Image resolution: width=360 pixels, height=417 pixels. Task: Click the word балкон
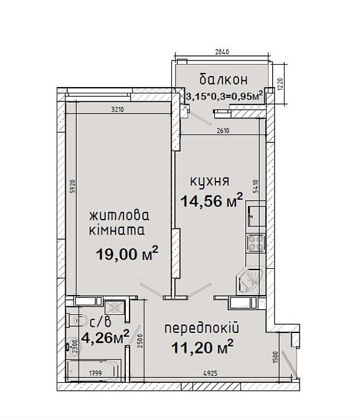coord(224,80)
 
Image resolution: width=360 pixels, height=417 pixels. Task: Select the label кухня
coord(210,181)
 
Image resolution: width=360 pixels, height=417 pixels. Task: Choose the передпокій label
coord(202,327)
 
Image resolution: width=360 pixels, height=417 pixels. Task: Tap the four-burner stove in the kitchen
coord(255,242)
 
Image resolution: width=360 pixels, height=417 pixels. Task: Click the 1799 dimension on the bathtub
coord(95,373)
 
